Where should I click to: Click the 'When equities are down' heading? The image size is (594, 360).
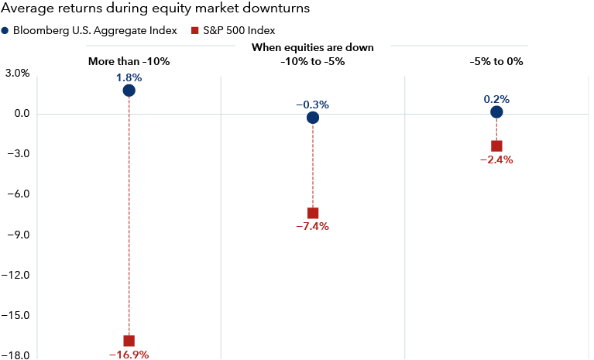tap(313, 47)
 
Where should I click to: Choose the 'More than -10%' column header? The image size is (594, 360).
tap(129, 60)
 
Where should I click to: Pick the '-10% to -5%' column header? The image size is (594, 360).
tap(313, 60)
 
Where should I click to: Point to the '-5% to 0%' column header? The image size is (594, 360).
tap(496, 60)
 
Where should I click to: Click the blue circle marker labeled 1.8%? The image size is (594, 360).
tap(129, 91)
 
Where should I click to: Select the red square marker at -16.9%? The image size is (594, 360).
tap(129, 341)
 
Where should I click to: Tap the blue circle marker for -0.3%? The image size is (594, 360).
tap(313, 118)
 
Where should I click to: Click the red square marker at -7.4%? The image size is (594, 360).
tap(313, 213)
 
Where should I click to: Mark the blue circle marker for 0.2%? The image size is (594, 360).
tap(496, 112)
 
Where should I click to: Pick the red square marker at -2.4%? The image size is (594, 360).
tap(496, 146)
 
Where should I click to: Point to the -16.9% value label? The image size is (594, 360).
tap(129, 355)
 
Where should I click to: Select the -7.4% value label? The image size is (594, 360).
tap(313, 227)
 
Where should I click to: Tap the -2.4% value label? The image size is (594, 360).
tap(496, 160)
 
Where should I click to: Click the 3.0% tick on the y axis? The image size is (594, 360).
tap(17, 74)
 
